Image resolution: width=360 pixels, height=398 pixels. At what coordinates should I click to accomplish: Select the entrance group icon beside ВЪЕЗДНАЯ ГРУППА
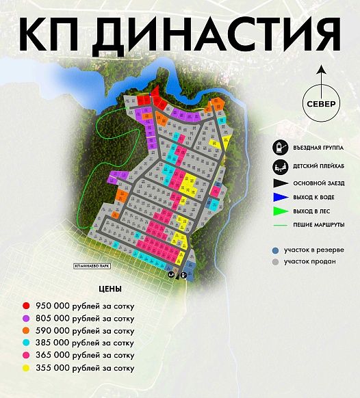[279, 147]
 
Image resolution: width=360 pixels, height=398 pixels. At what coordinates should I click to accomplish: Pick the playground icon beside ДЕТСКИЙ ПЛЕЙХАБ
[279, 165]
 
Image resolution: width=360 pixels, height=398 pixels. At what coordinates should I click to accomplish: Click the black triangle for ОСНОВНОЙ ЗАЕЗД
[279, 183]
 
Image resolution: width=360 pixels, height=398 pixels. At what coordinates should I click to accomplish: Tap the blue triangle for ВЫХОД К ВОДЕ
[279, 198]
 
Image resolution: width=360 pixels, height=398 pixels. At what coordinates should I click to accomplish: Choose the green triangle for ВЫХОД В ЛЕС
[279, 211]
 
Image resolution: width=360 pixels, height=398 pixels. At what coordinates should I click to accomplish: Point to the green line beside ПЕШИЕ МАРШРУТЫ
[279, 225]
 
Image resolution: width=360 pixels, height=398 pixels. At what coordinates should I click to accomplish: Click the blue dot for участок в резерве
[275, 250]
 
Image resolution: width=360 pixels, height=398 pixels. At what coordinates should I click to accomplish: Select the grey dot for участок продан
[275, 263]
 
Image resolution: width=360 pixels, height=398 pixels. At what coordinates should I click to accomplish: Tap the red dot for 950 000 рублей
[26, 305]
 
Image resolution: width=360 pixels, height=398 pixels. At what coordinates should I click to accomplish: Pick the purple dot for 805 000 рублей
[26, 318]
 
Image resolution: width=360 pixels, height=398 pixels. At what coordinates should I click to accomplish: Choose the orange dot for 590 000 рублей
[26, 330]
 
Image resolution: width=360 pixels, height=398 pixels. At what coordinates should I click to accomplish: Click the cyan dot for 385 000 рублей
[26, 343]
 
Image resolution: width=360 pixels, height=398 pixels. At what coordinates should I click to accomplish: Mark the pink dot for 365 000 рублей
[26, 355]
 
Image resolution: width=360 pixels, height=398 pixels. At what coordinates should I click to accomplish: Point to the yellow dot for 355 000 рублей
[26, 368]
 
